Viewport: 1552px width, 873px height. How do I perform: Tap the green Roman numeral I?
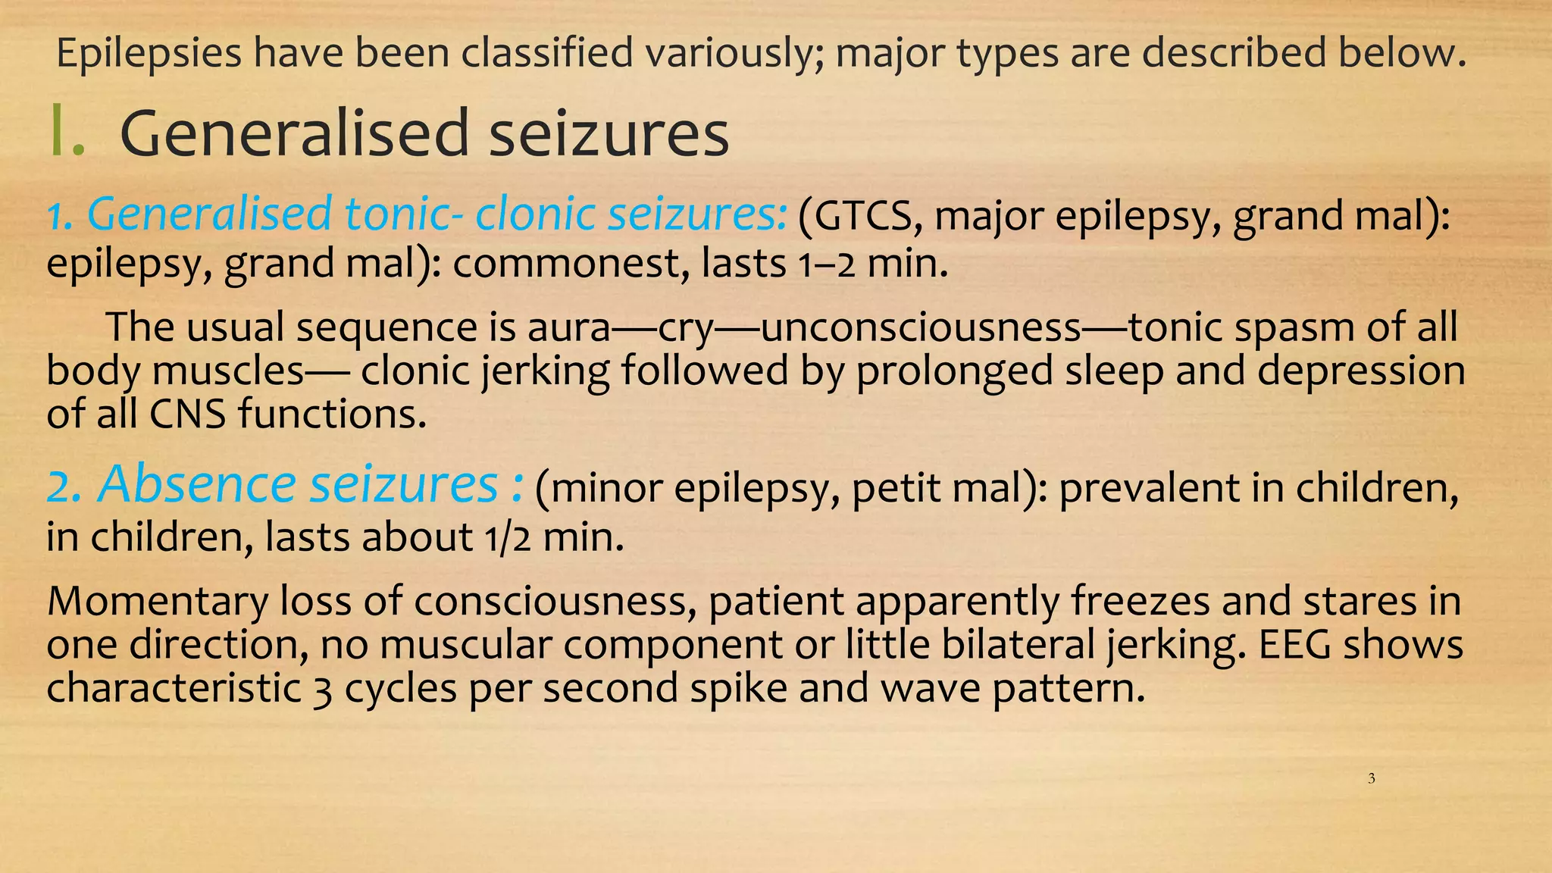[65, 133]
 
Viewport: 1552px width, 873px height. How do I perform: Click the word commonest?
[571, 264]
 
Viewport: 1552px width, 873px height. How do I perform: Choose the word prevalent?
[1149, 487]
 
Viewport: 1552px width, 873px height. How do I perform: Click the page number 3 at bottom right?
[1372, 778]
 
